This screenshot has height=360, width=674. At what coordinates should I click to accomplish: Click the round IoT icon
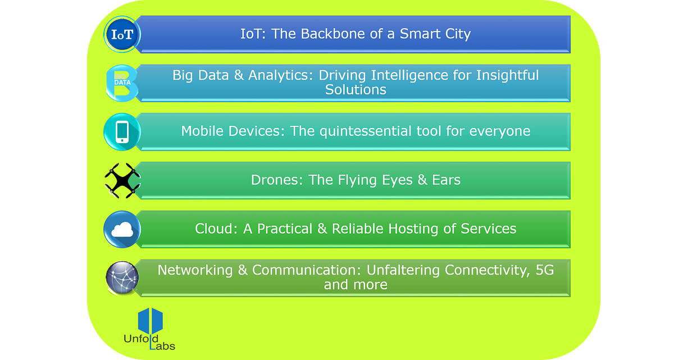(122, 34)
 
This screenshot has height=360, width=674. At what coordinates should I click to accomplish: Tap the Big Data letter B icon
(122, 83)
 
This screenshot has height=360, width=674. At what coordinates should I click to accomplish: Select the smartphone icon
(122, 132)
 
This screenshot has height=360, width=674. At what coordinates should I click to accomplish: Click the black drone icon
(122, 180)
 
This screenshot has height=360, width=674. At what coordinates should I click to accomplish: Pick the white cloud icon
(122, 230)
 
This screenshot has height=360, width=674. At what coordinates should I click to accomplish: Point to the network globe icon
(122, 277)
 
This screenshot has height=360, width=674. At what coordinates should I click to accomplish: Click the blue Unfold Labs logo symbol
(151, 321)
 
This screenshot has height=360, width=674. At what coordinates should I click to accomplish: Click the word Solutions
(356, 90)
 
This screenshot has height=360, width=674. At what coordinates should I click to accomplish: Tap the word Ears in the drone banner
(446, 180)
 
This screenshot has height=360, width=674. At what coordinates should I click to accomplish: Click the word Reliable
(358, 229)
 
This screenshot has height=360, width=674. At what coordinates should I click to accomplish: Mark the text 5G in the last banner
(545, 270)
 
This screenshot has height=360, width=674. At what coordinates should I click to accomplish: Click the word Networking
(195, 270)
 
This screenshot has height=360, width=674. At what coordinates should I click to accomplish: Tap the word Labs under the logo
(162, 346)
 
